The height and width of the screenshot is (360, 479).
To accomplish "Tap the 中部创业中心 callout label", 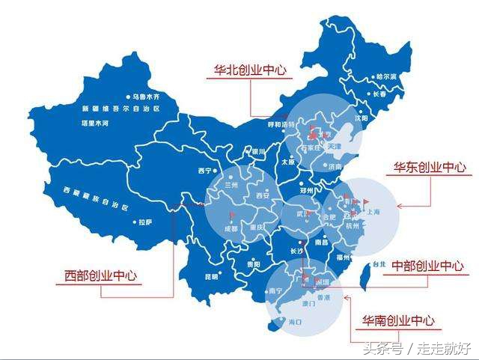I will click(427, 266).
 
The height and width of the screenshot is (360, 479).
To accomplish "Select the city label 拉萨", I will click(146, 222).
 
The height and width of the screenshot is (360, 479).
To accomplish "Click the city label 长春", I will click(385, 94).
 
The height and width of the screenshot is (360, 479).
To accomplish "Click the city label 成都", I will click(233, 229).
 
